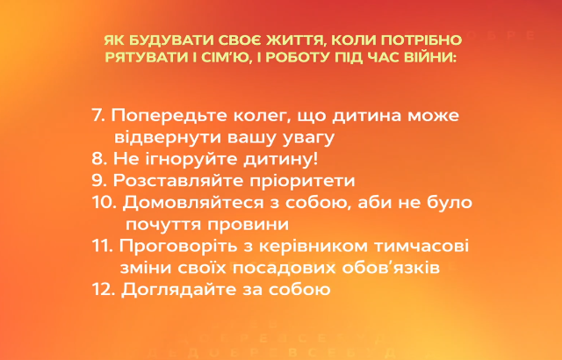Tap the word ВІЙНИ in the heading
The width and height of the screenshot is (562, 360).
coord(429,56)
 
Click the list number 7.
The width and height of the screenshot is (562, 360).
coord(97,116)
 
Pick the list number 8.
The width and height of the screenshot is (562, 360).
coord(97,159)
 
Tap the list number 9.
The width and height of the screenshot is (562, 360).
coord(97,181)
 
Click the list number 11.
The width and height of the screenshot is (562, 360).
coord(102,246)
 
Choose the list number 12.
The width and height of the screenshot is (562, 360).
coord(103,289)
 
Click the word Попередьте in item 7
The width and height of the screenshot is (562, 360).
coord(169,116)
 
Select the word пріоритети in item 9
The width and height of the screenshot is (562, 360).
coord(301,181)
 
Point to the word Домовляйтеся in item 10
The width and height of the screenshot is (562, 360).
coord(199,203)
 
